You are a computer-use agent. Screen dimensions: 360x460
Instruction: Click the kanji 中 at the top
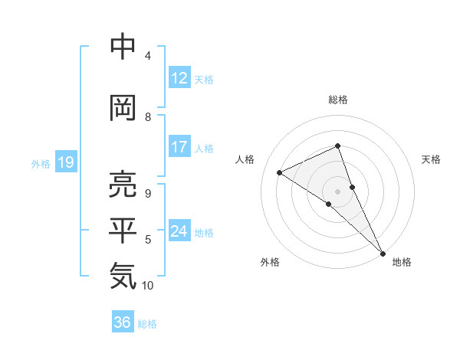(x=123, y=47)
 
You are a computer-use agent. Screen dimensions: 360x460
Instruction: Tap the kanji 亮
(x=123, y=185)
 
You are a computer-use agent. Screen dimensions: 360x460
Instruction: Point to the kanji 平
(x=123, y=231)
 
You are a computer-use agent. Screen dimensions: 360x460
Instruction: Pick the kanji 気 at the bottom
(x=123, y=277)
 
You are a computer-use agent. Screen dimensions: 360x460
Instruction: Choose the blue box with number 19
(x=65, y=162)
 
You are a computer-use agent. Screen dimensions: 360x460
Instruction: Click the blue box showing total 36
(x=122, y=322)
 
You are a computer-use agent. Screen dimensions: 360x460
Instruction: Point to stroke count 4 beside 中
(x=148, y=55)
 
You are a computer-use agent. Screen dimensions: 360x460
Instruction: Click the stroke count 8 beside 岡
(x=148, y=116)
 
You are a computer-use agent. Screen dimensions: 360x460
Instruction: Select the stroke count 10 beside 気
(x=148, y=286)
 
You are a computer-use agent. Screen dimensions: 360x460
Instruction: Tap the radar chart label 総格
(x=338, y=100)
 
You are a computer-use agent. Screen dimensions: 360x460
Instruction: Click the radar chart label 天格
(x=431, y=159)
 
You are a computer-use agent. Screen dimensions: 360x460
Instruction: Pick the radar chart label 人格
(x=245, y=159)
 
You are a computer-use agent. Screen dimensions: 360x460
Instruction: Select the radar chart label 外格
(x=270, y=262)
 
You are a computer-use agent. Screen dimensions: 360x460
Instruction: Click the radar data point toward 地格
(x=383, y=252)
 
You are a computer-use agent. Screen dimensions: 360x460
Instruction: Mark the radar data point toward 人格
(x=279, y=172)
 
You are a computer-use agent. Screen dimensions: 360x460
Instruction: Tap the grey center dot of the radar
(x=337, y=191)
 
